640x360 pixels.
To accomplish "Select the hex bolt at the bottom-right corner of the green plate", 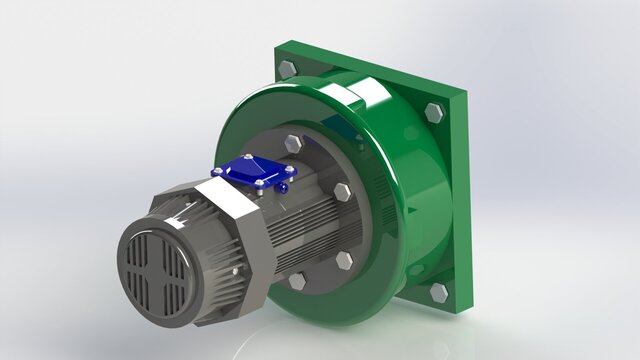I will (438, 292).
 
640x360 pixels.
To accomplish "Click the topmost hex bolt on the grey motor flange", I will (293, 143).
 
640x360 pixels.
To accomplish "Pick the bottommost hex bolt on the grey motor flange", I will (297, 281).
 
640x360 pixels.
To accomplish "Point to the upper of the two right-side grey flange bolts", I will (343, 192).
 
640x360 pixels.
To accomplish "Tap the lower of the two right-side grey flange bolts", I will (344, 261).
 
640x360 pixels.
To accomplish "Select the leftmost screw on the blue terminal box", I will (219, 173).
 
